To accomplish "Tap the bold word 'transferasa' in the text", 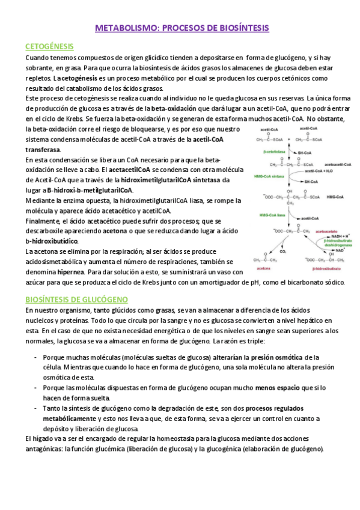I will click(x=43, y=149).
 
